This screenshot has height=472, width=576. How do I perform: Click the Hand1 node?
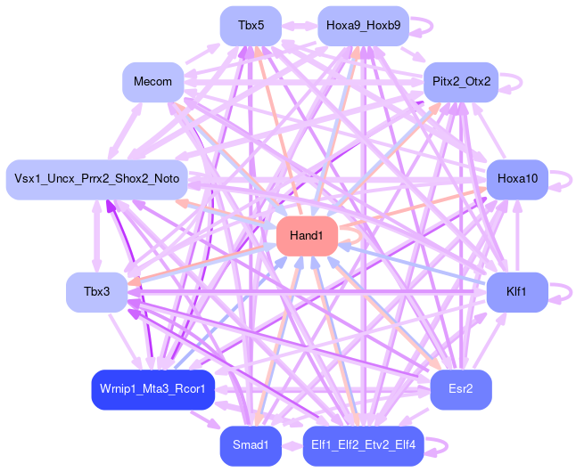coord(307,236)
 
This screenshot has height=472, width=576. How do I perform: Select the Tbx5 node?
coord(251,25)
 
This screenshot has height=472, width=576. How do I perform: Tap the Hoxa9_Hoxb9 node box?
coord(363,25)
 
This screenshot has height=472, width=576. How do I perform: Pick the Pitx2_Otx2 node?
coord(460,82)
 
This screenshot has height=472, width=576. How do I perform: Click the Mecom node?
coord(152,82)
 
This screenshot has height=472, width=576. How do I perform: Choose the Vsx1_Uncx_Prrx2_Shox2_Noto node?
coord(95,179)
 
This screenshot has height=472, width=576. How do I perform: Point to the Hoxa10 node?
coord(517,179)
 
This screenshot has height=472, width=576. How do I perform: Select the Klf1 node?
coord(517,292)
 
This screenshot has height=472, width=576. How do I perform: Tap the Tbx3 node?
coord(95,292)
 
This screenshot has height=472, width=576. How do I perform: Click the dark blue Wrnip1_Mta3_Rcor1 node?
coord(152,389)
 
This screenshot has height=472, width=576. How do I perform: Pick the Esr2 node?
coord(460,389)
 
